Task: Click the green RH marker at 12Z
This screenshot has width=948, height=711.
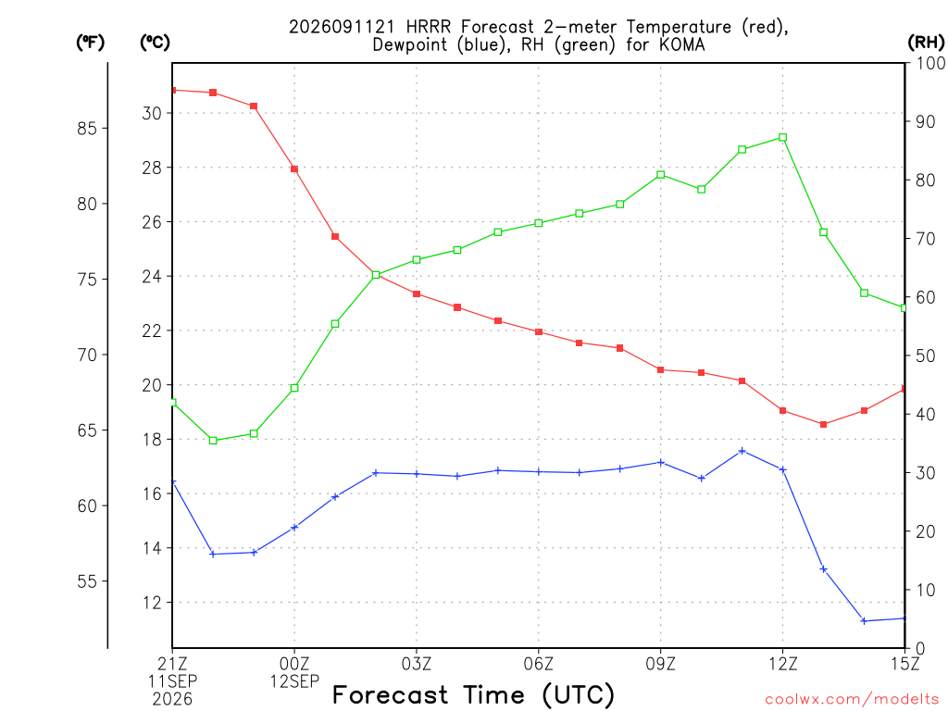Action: tap(782, 138)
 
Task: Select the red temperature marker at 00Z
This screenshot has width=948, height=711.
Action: tap(294, 169)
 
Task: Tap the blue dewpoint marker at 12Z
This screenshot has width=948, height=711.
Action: tap(782, 469)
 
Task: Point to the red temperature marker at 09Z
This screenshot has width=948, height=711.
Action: tap(660, 370)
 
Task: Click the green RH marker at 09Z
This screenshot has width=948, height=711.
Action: tap(660, 175)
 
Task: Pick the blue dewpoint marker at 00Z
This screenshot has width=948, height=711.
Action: tap(294, 527)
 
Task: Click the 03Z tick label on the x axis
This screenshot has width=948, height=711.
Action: tap(417, 664)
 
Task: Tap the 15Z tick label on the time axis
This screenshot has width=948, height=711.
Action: tap(904, 664)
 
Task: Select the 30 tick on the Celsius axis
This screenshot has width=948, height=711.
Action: tap(152, 113)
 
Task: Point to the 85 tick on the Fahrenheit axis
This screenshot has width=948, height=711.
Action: tap(87, 128)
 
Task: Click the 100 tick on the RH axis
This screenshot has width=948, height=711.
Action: tap(930, 63)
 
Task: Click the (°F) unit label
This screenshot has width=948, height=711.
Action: tap(90, 43)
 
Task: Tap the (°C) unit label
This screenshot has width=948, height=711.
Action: tap(155, 43)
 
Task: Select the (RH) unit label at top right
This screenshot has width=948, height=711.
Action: tap(926, 43)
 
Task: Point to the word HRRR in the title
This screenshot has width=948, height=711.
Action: tap(428, 27)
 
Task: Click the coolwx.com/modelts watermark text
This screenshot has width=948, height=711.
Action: tap(852, 700)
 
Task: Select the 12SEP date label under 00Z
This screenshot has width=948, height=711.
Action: tap(294, 681)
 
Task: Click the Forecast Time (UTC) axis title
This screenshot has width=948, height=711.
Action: tap(473, 695)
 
